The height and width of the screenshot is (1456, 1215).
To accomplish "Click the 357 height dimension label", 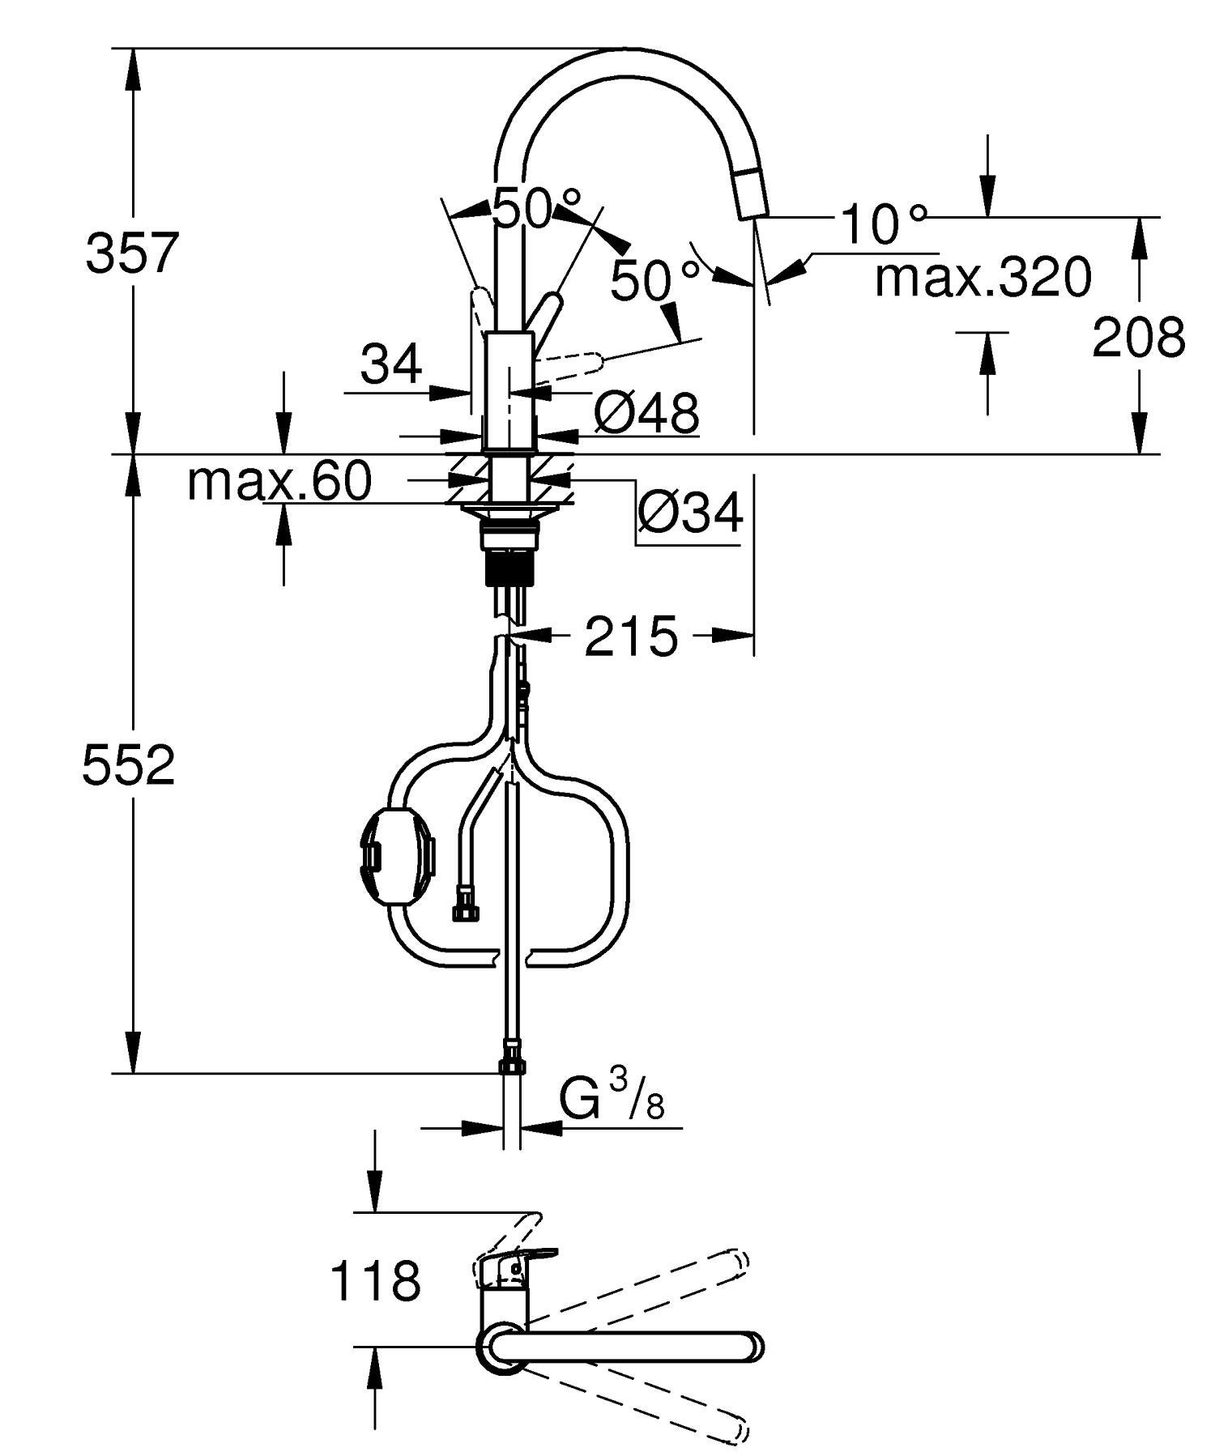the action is click(130, 253).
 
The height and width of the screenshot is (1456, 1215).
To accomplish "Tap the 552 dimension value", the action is click(129, 765).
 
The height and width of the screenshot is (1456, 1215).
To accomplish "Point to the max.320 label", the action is click(983, 278).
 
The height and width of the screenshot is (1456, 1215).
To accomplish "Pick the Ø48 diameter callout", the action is click(646, 413).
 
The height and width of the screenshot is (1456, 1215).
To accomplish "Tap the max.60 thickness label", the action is click(279, 481).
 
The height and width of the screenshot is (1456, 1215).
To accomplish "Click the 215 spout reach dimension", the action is click(631, 636).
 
